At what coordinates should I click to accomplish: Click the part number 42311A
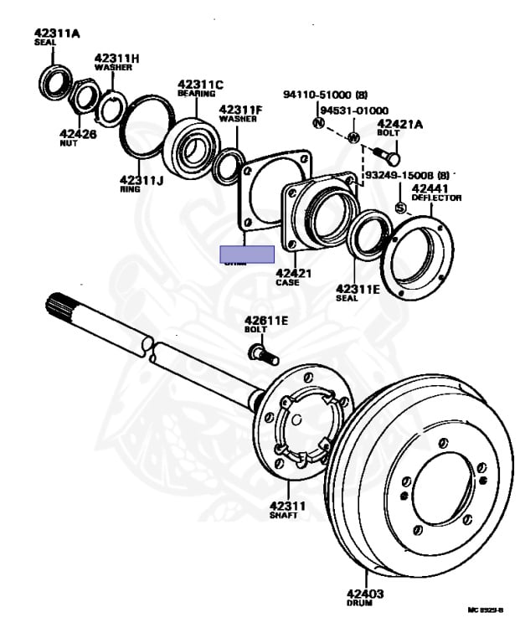[x=57, y=33]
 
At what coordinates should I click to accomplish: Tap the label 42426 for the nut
[x=78, y=133]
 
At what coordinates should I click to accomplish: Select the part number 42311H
[x=116, y=57]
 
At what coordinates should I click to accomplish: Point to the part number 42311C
[x=200, y=84]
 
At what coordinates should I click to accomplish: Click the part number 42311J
[x=142, y=179]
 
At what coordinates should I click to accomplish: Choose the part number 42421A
[x=401, y=124]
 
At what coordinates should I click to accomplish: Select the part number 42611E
[x=266, y=320]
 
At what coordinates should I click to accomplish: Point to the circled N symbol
[x=318, y=123]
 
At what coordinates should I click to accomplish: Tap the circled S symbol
[x=400, y=208]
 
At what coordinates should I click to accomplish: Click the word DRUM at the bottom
[x=359, y=603]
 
